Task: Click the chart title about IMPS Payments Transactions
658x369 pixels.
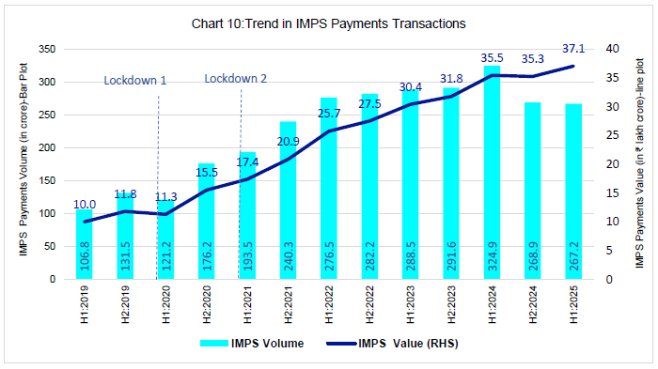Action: [329, 22]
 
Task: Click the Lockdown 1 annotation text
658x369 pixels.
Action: [134, 81]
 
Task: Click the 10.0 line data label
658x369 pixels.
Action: [85, 205]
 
